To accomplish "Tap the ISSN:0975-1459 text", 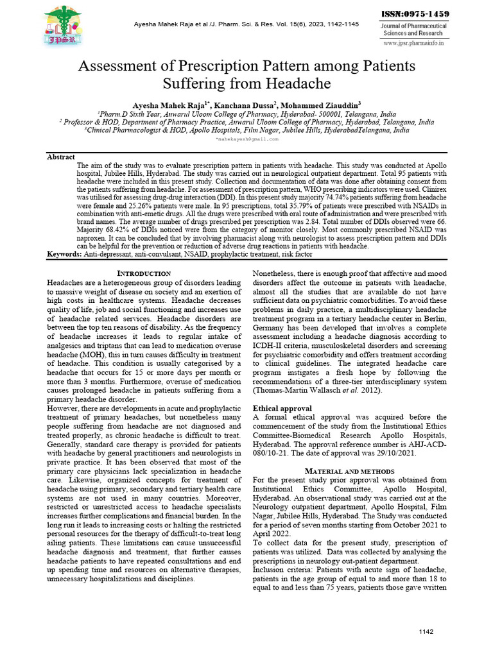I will click(415, 14).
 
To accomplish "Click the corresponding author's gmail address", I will click(247, 139).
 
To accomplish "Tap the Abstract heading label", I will click(62, 157).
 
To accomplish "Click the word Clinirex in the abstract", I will click(430, 191).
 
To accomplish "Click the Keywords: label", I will click(65, 255).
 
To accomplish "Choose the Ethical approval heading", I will click(282, 408).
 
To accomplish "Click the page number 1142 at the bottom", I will click(426, 632).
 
